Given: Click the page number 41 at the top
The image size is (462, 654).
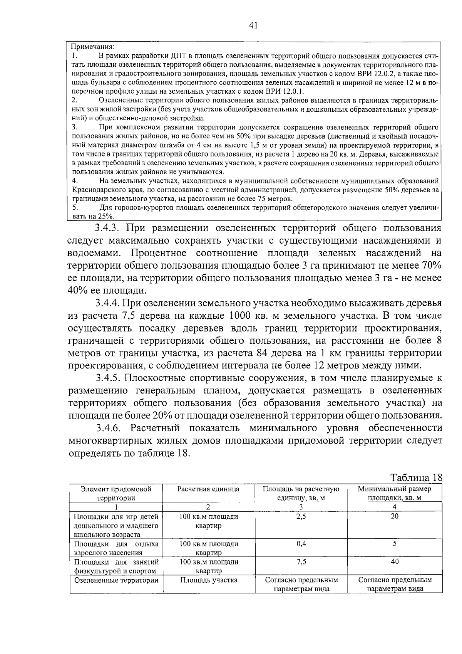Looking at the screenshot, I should [253, 25].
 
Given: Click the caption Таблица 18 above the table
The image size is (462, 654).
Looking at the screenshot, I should [416, 477].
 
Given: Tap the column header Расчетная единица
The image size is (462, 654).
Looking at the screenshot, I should [208, 489].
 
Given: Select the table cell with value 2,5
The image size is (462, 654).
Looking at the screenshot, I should [301, 516].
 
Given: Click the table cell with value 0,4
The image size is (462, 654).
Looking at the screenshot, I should [301, 544].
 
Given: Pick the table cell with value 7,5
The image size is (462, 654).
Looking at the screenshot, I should [301, 562].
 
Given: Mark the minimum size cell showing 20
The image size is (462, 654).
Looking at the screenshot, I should [395, 516].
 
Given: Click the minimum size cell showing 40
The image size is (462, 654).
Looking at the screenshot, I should [395, 562].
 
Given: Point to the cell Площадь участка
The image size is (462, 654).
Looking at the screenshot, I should [209, 580].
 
